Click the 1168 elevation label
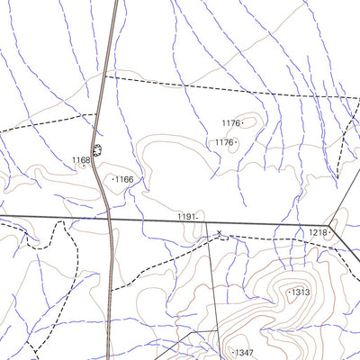tap(81, 160)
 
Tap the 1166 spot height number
tap(124, 180)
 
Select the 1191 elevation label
tap(185, 217)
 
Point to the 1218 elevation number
tap(318, 232)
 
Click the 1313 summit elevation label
tap(300, 292)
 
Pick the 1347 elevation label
tap(244, 352)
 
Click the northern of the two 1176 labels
tap(231, 123)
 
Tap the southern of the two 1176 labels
tap(224, 142)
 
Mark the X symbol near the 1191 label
tap(218, 233)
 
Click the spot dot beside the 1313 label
tap(288, 292)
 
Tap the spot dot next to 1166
tap(113, 180)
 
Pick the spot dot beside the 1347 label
tap(231, 351)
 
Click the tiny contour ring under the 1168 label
tap(83, 166)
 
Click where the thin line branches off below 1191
tap(204, 221)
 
